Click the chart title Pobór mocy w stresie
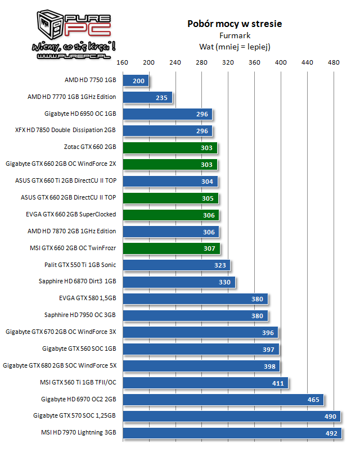click(235, 24)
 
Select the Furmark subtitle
click(235, 35)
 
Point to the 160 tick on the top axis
click(123, 62)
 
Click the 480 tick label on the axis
click(334, 62)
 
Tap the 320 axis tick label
click(228, 62)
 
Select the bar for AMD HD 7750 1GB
click(136, 81)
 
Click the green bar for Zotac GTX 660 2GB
click(170, 148)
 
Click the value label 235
click(162, 98)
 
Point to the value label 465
click(313, 400)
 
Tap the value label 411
click(278, 383)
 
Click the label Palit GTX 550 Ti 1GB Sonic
click(80, 265)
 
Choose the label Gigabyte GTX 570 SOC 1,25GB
click(75, 417)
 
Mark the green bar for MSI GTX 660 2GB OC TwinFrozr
click(171, 248)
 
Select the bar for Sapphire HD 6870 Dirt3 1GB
click(179, 282)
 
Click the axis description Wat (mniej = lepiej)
click(235, 47)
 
